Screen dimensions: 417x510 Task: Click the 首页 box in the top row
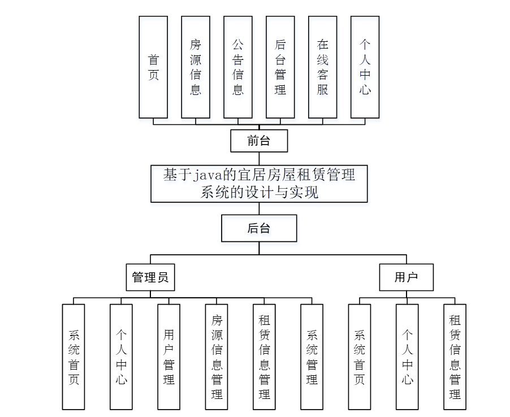tap(153, 67)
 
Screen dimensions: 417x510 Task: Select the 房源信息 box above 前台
tap(196, 67)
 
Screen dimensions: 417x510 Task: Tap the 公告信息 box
tap(238, 67)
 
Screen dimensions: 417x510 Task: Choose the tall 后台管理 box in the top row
tap(280, 67)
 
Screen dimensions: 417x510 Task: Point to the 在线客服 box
tap(323, 67)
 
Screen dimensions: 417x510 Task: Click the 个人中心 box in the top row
tap(365, 67)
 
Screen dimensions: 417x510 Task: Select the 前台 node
tap(259, 141)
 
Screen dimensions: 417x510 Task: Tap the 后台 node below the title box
tap(259, 228)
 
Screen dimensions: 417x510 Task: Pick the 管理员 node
tap(150, 277)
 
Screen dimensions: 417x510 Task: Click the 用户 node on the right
tap(406, 277)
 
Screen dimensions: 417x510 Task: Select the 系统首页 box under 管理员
tap(74, 357)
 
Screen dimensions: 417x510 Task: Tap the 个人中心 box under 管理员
tap(121, 357)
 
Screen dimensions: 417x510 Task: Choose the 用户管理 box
tap(168, 357)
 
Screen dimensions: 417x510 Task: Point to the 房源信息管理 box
tap(217, 357)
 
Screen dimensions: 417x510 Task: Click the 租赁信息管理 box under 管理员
tap(264, 357)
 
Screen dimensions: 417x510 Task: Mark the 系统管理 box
tap(312, 357)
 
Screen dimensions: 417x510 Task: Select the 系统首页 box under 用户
tap(360, 357)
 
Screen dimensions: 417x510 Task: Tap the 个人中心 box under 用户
tap(407, 357)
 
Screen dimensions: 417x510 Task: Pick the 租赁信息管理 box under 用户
tap(455, 357)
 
